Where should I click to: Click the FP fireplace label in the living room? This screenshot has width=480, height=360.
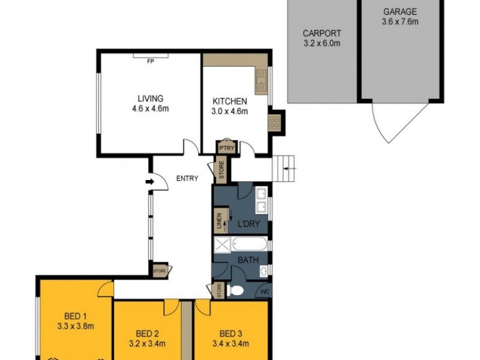[x=151, y=61]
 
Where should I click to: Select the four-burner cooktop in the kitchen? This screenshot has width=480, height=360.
[x=274, y=123]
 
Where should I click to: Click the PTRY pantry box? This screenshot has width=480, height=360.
[x=226, y=148]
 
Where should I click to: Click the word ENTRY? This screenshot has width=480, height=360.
[x=187, y=178]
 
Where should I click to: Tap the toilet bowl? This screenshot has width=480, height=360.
[x=236, y=291]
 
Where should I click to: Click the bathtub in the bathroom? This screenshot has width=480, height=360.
[x=250, y=245]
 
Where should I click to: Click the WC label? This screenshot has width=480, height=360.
[x=264, y=292]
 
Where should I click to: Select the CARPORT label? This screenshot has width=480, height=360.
[x=322, y=34]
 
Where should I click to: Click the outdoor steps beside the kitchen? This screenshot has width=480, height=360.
[x=286, y=167]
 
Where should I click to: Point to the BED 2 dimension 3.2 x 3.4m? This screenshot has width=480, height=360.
[x=147, y=344]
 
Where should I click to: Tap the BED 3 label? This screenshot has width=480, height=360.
[x=231, y=334]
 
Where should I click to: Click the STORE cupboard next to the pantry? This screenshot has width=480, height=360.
[x=220, y=169]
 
